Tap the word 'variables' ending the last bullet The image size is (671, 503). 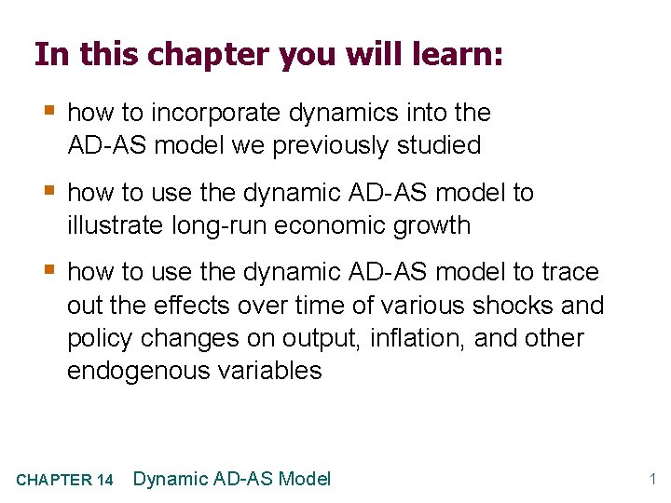pos(271,371)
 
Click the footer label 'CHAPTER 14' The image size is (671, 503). pos(65,481)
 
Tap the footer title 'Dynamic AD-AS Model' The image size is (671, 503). pos(232,479)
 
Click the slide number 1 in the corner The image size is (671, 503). pos(653,480)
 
